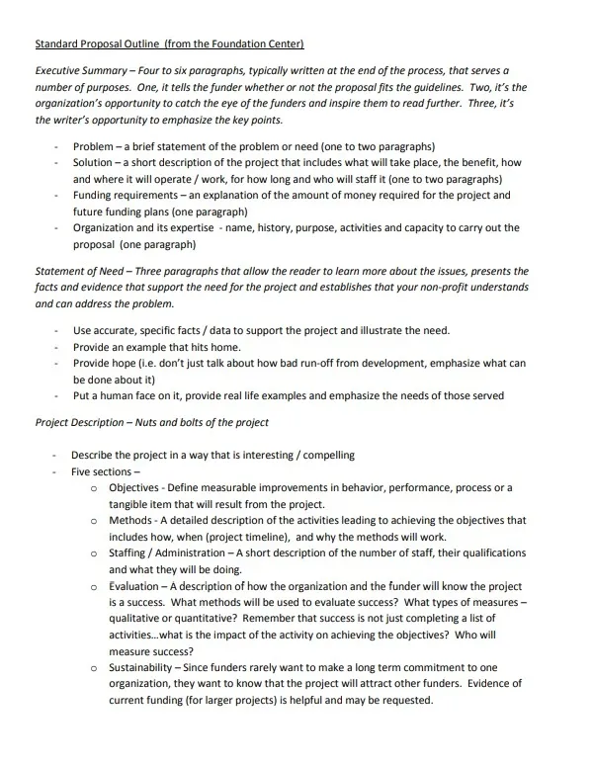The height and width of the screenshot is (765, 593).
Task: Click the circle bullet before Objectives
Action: pos(93,488)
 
